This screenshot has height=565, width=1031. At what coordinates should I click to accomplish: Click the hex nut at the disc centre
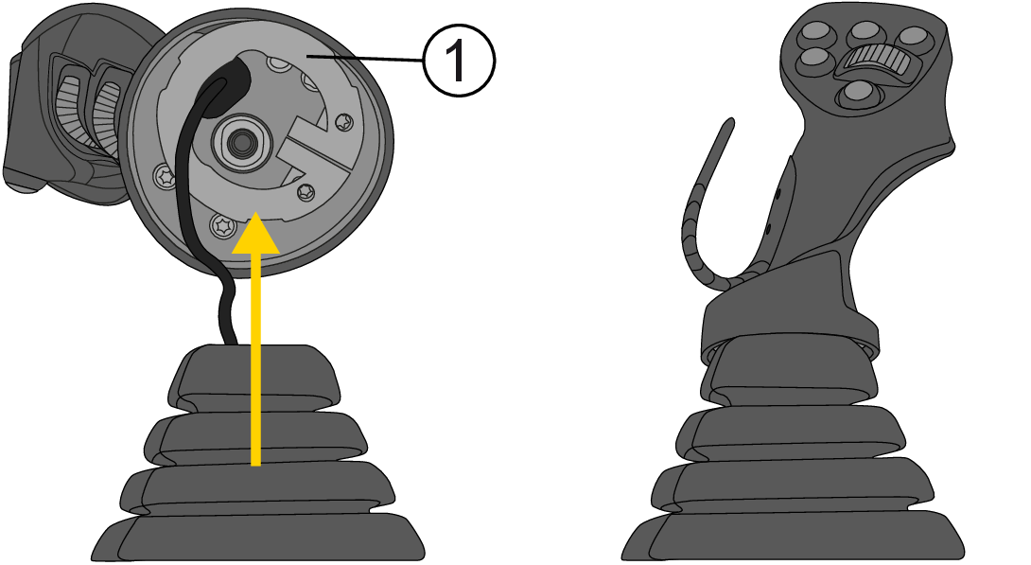[x=239, y=142]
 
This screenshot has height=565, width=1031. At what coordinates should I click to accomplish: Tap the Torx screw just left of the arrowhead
[x=223, y=225]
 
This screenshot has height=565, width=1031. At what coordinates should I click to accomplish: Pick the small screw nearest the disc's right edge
[x=344, y=121]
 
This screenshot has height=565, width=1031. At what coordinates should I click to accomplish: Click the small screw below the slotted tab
[x=306, y=192]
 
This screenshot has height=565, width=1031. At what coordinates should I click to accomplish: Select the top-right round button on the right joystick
[x=914, y=38]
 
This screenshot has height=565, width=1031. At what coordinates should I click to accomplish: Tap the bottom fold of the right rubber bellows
[x=793, y=536]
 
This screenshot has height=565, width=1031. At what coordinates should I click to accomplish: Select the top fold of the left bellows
[x=253, y=374]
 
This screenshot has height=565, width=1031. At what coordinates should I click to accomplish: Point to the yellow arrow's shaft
[x=255, y=359]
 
